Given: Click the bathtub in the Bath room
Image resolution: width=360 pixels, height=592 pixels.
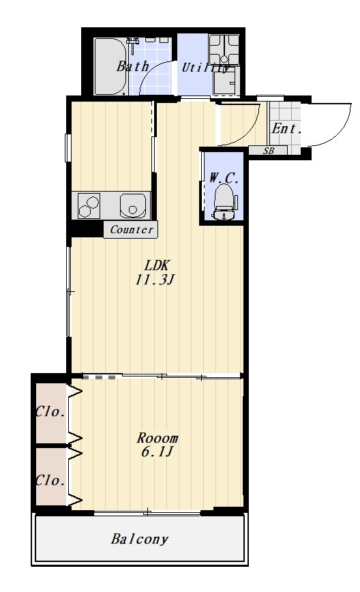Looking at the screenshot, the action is (x=110, y=66).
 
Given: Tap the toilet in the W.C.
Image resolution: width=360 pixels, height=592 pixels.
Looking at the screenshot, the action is (x=225, y=202).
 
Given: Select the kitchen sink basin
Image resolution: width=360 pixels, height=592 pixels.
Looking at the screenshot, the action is (x=133, y=205).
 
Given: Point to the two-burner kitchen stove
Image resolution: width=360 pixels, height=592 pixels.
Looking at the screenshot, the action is (x=89, y=205).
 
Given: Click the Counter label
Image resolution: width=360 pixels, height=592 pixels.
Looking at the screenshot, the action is (x=132, y=229).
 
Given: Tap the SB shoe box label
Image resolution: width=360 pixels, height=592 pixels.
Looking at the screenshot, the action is (x=269, y=151).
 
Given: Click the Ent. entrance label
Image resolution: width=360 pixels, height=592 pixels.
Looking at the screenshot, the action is (x=286, y=129).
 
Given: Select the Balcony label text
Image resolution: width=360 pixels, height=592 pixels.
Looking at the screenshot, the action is (x=139, y=539).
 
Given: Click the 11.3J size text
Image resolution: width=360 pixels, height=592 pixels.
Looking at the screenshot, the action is (x=155, y=280).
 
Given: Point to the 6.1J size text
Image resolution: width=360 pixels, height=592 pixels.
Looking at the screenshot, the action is (x=157, y=452).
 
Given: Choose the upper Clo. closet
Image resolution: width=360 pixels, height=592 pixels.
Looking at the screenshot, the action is (x=52, y=413).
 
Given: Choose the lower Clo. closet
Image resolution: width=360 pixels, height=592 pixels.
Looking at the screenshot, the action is (x=52, y=477).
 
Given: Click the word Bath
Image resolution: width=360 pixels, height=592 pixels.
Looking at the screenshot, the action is (x=132, y=66).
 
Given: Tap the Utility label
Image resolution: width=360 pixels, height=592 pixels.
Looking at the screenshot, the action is (x=205, y=68).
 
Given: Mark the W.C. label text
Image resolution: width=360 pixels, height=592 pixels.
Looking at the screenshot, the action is (x=224, y=177).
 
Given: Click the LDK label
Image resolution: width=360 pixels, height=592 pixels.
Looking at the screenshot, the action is (x=157, y=265).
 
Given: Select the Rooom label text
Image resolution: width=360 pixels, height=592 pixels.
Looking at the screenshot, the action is (x=157, y=438).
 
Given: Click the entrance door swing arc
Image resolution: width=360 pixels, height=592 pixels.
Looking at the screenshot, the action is (x=340, y=131).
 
